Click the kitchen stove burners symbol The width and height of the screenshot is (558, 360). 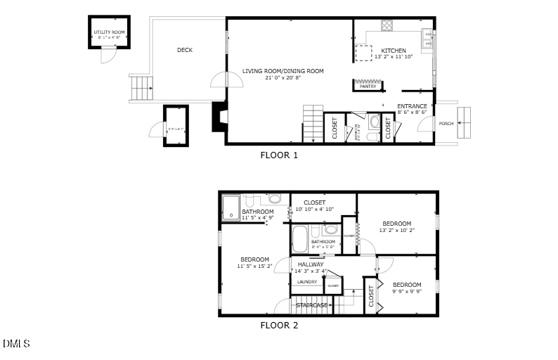point(387,26)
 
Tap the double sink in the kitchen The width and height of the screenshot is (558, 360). point(427,39)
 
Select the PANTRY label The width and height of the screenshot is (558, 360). point(368,86)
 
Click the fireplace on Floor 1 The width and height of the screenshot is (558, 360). point(219,117)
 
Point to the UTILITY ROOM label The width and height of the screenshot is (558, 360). point(109,32)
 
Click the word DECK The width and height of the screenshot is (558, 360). point(185,50)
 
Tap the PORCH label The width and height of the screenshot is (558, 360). point(446,124)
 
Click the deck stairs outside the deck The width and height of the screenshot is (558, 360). point(141,88)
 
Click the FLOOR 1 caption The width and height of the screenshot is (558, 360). point(279,155)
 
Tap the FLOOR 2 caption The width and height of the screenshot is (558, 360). point(279,326)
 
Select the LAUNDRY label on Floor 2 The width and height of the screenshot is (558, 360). point(306,282)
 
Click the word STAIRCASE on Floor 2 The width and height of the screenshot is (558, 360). point(311,305)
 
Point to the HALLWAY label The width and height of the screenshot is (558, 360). point(311,264)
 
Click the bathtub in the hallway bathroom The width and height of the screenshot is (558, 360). point(300,240)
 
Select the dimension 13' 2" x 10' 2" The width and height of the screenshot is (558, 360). point(397,230)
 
